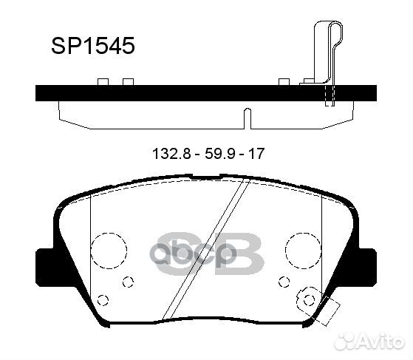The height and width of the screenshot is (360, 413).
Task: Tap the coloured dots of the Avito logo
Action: [341, 342]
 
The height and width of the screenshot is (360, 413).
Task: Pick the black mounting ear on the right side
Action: [366, 262]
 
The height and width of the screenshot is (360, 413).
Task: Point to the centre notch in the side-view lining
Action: [248, 117]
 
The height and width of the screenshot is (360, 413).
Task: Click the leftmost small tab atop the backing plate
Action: [103, 81]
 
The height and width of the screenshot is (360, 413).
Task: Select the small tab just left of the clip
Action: [284, 81]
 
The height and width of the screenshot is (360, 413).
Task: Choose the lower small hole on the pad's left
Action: [103, 299]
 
